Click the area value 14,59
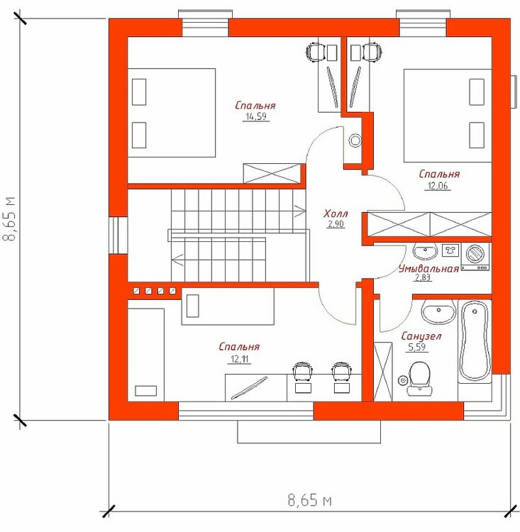coord(256,117)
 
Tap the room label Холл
coord(336,214)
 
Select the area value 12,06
coord(438,186)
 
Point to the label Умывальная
coord(428,269)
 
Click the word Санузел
coord(421,336)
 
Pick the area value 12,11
coord(240,359)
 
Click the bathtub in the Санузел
coord(475,341)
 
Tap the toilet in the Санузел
coord(419,378)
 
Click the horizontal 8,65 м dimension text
coord(309,500)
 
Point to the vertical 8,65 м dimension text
coord(9,218)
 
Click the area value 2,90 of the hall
coord(336,224)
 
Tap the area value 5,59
coord(417,347)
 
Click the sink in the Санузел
coord(438,311)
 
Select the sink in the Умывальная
coord(424,251)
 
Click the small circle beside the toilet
coord(402,380)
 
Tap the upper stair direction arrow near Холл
coord(299,211)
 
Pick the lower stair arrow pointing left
coord(177,260)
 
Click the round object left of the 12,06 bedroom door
coord(355,140)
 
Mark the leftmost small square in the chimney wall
coord(136,291)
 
